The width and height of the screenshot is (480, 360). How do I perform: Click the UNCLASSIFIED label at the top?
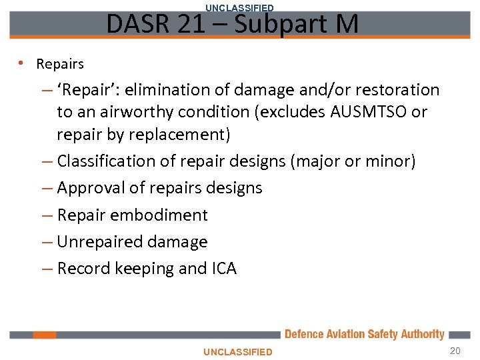pos(239,8)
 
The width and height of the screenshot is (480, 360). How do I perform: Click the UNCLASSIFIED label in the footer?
pos(238,351)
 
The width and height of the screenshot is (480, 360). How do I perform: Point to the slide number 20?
pos(455,351)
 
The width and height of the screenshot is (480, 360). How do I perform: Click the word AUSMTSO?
pos(369,111)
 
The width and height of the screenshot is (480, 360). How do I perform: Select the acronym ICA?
pos(225,269)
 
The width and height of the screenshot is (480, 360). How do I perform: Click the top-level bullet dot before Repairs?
pos(21,63)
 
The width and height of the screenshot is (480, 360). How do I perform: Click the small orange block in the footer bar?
pos(45,335)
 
